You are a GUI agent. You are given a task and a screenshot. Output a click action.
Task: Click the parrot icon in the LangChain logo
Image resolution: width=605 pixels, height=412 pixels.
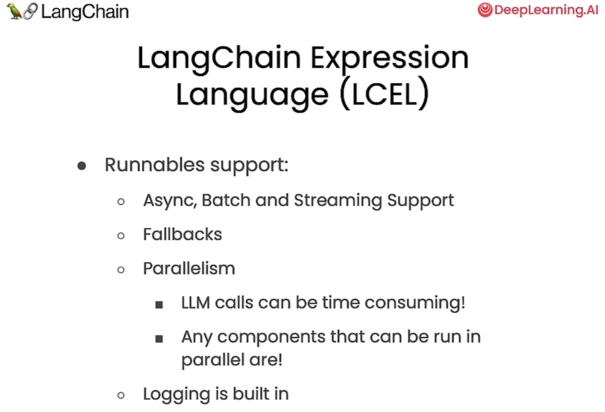(15, 11)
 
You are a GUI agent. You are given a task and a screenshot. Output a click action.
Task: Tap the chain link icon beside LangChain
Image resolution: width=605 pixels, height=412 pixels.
(30, 11)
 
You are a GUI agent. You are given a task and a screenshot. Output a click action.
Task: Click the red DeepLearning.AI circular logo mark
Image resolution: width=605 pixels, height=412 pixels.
(485, 9)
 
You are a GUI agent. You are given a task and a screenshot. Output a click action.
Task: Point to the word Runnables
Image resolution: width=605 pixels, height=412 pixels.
(155, 165)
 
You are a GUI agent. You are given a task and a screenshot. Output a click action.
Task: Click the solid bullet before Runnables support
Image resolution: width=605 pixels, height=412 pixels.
(82, 166)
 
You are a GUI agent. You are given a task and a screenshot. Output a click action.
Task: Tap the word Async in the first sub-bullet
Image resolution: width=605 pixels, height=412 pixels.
(170, 201)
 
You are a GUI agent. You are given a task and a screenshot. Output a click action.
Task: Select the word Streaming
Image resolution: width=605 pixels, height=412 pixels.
(338, 201)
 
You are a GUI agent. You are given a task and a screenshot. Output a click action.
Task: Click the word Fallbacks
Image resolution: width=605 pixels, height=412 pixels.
(183, 234)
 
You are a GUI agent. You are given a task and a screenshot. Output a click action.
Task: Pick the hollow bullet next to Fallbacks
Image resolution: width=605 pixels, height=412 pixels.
(121, 235)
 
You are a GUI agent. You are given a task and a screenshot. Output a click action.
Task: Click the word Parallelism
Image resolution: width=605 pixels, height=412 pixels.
(189, 268)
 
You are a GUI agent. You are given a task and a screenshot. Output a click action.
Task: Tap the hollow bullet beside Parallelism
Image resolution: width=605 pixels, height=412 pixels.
(121, 270)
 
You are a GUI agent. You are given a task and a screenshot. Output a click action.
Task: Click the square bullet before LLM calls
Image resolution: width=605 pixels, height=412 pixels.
(159, 305)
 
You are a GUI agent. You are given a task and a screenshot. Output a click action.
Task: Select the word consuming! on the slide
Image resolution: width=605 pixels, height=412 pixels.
(415, 302)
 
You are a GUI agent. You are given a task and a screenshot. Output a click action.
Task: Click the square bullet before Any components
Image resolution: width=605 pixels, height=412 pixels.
(159, 338)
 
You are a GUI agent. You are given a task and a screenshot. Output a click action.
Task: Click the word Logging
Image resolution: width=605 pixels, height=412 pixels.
(177, 395)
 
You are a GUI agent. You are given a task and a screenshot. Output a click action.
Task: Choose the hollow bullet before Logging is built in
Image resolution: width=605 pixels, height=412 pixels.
(121, 395)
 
